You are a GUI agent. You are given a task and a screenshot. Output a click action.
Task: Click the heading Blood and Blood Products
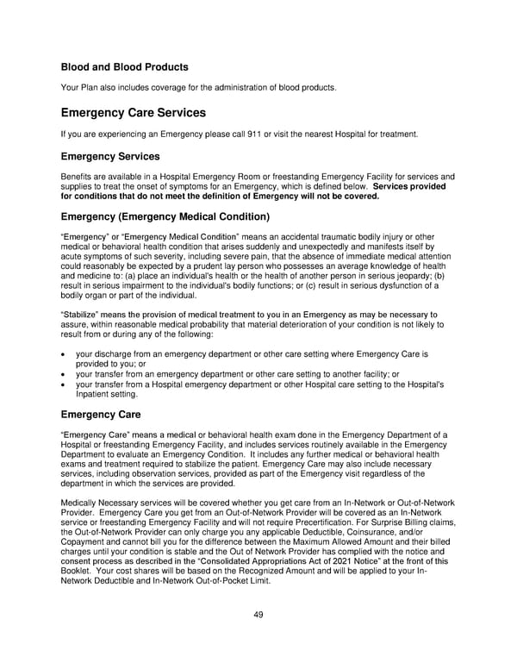[124, 66]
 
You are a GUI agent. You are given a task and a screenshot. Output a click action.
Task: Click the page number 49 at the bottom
[258, 614]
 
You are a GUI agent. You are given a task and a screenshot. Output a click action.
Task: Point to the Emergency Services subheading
[109, 157]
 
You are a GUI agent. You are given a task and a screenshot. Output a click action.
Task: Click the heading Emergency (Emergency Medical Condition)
[165, 216]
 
